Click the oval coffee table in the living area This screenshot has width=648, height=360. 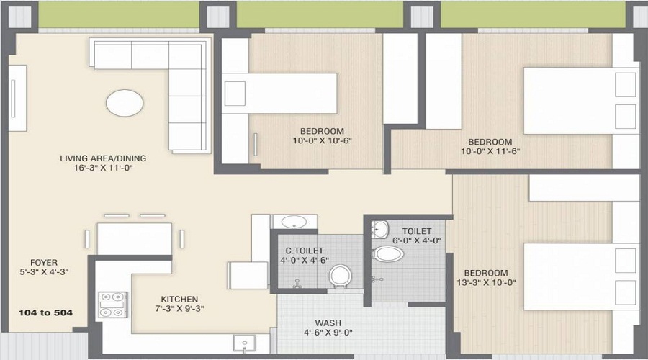[x=124, y=102]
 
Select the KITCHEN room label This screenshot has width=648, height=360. [x=179, y=299]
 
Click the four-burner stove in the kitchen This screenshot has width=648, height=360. [x=112, y=304]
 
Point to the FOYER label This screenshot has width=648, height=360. [x=44, y=262]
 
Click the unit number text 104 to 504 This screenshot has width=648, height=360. [x=48, y=313]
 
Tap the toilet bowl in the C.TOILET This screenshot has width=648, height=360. [x=339, y=275]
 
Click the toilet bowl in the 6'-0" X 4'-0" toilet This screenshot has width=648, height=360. [x=390, y=254]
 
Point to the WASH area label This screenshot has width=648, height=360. [x=328, y=323]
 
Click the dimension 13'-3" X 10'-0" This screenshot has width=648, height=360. [x=486, y=283]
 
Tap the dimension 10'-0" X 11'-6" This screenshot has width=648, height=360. [x=490, y=152]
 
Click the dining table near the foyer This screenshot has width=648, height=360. [x=135, y=238]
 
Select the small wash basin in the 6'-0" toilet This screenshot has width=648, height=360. [x=381, y=229]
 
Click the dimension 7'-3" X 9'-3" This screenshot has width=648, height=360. [x=179, y=310]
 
